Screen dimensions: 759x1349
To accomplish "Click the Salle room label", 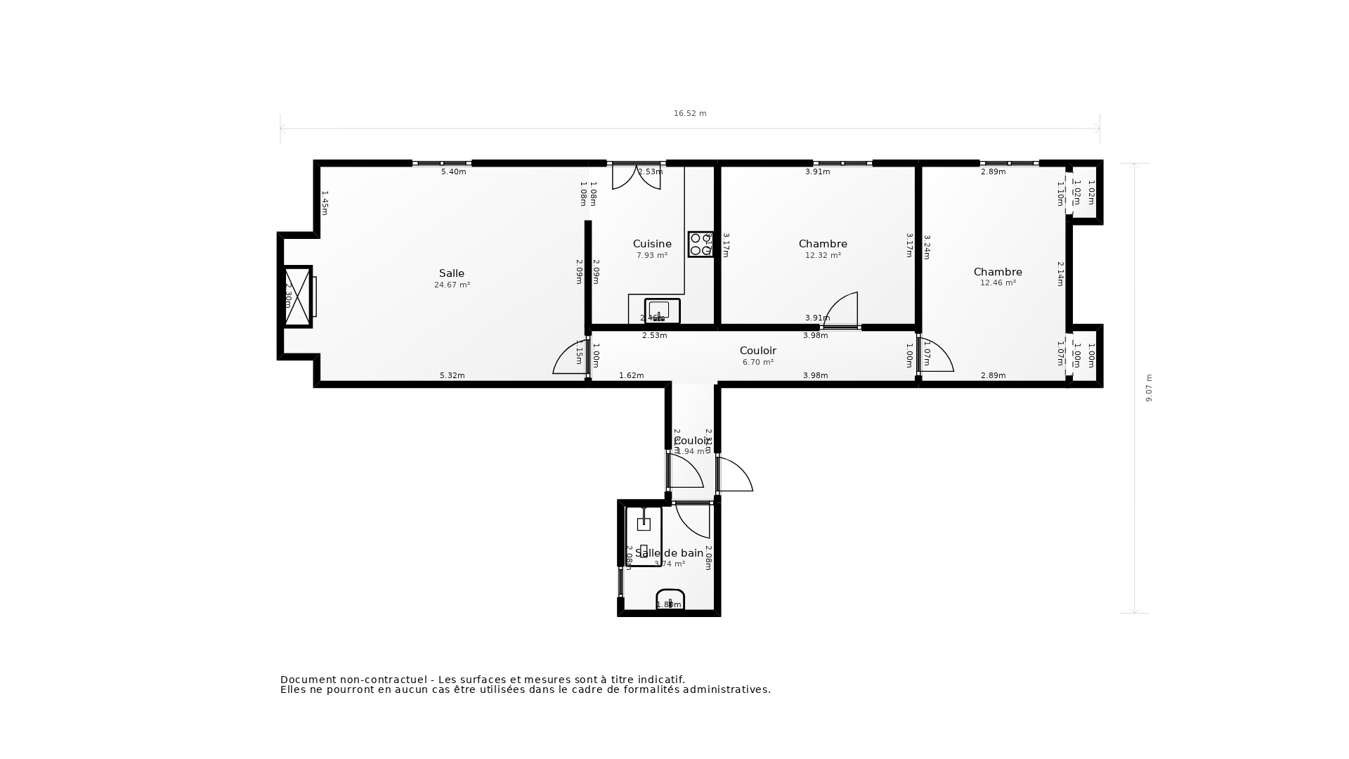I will [x=452, y=273].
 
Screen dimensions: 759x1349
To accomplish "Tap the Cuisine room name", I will [x=652, y=244].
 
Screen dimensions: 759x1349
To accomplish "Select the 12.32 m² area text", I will [x=823, y=256].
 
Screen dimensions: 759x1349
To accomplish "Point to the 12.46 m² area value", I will [x=998, y=283].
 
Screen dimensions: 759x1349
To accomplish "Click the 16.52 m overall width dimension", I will [x=690, y=113].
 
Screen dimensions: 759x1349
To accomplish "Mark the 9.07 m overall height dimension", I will [x=1149, y=388].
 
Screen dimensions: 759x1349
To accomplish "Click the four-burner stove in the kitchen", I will [x=700, y=244].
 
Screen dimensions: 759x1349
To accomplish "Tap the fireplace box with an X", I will [x=297, y=297].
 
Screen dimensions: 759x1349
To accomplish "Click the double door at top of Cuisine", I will [x=636, y=176].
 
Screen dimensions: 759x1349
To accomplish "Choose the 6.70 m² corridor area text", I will [x=758, y=363].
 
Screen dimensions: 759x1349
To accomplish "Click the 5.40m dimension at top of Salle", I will [x=453, y=171].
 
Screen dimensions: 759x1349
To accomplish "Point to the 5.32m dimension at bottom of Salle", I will [x=452, y=375].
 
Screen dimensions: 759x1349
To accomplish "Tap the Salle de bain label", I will [x=669, y=553].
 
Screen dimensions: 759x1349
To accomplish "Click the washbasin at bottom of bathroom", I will [x=670, y=599].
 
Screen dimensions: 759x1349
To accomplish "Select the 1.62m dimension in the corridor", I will [x=631, y=375].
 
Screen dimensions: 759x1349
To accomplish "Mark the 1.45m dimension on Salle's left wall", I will [x=325, y=202].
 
